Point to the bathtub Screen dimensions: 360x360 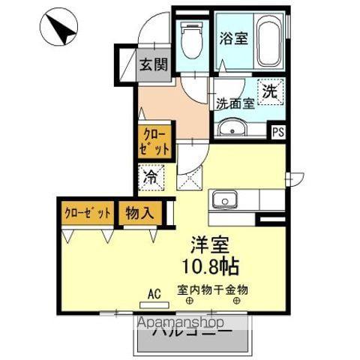pos(268,44)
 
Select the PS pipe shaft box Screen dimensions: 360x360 pos(278,133)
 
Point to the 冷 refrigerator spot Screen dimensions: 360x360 pos(151,178)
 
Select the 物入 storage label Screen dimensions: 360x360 pos(139,212)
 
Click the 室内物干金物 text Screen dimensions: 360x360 pos(212,289)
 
